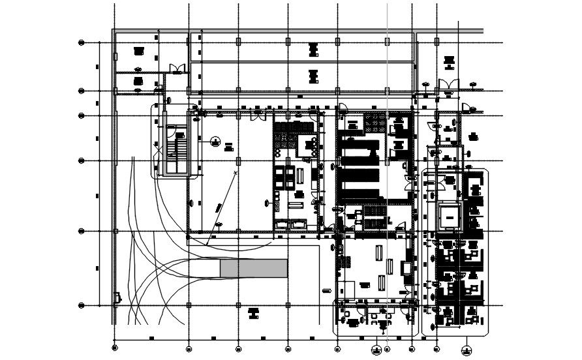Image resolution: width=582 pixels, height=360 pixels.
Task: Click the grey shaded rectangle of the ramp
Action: [254, 268]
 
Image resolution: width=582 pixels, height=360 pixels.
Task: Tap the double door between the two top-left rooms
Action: [174, 68]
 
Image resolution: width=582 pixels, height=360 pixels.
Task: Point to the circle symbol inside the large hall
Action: [215, 140]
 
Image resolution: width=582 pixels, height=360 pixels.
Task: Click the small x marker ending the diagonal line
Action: [235, 172]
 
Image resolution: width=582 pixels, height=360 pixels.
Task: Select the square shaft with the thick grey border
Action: [450, 216]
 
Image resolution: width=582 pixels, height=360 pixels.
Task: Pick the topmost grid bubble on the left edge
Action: [82, 43]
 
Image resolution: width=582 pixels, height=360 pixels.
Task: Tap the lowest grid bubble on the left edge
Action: [82, 305]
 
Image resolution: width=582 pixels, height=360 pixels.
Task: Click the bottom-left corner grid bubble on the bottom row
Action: [115, 346]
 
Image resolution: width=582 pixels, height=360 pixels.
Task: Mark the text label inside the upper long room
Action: [313, 49]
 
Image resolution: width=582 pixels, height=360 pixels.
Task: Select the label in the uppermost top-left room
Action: [138, 51]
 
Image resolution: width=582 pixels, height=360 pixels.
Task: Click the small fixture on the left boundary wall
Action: [117, 298]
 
